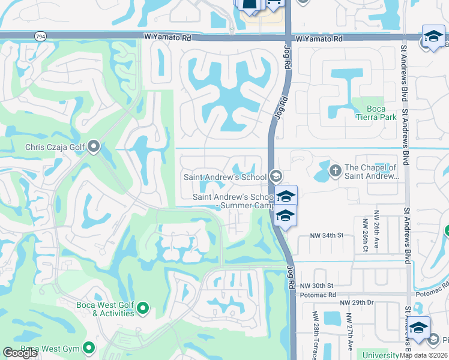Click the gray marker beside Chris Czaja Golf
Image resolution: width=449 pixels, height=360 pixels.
(93, 146)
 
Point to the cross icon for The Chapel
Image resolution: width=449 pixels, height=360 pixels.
(335, 172)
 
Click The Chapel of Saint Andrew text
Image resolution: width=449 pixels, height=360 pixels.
(372, 172)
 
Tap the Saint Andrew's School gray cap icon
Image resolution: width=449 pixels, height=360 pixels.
(276, 176)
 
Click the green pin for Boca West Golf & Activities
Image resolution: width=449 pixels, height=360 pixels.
(143, 308)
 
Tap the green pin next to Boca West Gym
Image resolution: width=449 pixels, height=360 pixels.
(89, 347)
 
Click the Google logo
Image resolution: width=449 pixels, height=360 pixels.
(20, 353)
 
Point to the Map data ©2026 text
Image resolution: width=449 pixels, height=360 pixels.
(423, 355)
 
